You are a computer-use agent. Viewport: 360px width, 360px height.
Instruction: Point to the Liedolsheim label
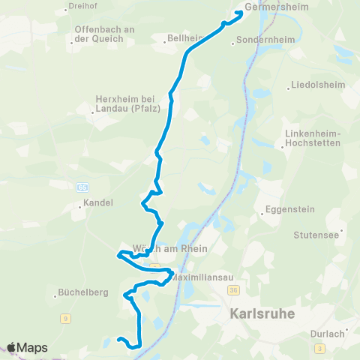(320, 85)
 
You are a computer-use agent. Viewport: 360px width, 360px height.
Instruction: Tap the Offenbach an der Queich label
(103, 34)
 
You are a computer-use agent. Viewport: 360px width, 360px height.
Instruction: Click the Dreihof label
(83, 6)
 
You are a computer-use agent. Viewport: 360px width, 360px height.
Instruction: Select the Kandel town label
(98, 203)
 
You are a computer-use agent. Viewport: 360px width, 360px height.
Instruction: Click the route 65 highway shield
(82, 186)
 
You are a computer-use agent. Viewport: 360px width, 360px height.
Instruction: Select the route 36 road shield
(234, 289)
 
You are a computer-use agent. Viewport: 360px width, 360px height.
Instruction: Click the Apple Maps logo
(28, 347)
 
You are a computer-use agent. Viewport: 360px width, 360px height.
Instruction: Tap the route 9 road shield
(65, 319)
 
